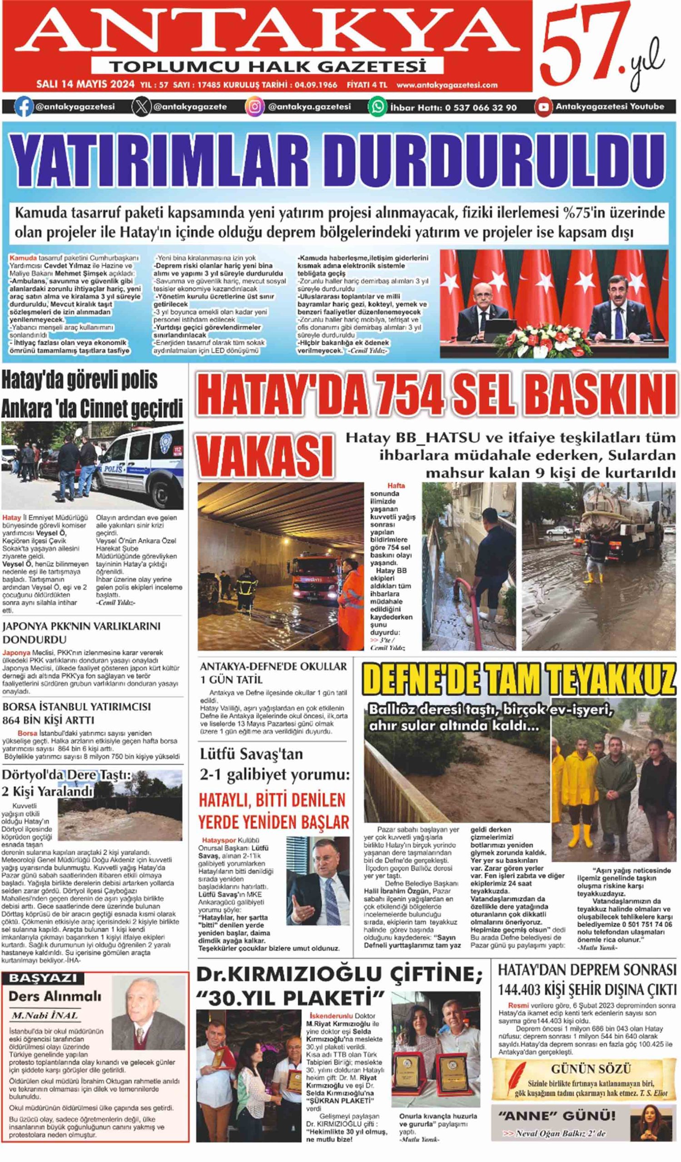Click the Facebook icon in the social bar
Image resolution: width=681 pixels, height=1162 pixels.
[24, 107]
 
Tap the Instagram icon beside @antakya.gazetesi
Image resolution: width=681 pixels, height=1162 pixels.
[255, 107]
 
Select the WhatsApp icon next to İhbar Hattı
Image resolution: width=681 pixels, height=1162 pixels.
[378, 107]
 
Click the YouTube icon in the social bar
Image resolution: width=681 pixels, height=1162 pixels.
[543, 107]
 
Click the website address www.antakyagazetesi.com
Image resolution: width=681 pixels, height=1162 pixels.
[447, 85]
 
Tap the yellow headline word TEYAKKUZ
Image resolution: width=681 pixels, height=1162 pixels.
[615, 679]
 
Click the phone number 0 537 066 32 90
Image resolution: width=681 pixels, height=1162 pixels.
[481, 108]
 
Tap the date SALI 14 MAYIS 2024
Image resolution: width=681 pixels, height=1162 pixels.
[85, 84]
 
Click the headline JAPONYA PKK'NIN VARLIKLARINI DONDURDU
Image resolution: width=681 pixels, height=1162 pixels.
[81, 633]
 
